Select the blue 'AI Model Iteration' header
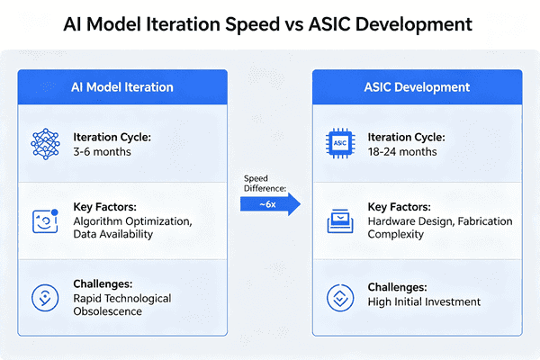123,87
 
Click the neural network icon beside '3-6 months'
45,144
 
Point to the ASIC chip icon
339,144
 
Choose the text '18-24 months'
401,151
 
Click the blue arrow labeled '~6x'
270,203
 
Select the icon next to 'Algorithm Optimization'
45,220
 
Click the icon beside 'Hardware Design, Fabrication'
339,220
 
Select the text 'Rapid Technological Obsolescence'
122,304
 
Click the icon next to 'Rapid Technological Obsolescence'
45,297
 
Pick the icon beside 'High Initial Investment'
339,297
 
